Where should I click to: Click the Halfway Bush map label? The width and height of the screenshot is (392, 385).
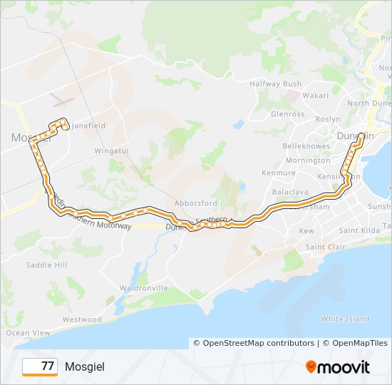(275, 84)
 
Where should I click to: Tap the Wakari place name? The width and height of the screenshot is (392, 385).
(315, 95)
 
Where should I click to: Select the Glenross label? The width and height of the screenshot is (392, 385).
(287, 114)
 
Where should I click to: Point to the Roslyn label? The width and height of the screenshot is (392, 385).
(329, 119)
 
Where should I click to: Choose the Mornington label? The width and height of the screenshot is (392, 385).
(307, 160)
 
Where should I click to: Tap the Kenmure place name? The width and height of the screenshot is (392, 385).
(278, 173)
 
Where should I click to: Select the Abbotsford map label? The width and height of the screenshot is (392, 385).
(196, 203)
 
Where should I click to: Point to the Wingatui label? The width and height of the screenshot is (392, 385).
(111, 151)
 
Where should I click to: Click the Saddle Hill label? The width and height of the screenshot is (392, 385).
(46, 265)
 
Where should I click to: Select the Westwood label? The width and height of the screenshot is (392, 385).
(82, 320)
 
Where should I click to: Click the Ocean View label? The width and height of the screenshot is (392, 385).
(28, 333)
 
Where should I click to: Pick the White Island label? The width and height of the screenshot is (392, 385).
(345, 319)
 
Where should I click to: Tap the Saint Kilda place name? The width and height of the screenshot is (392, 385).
(359, 230)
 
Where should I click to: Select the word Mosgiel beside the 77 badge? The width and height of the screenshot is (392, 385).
(84, 367)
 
